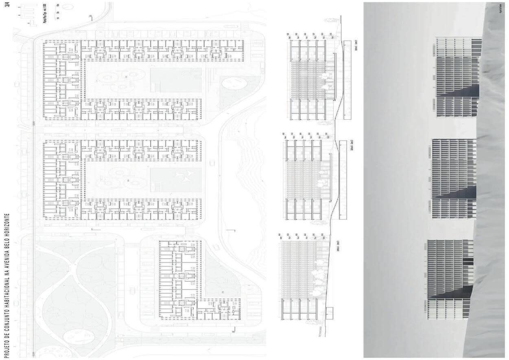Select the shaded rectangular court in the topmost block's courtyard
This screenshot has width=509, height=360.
click(x=176, y=80)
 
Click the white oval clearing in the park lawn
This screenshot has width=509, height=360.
click(x=79, y=336)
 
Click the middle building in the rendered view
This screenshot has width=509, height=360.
click(x=454, y=175)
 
